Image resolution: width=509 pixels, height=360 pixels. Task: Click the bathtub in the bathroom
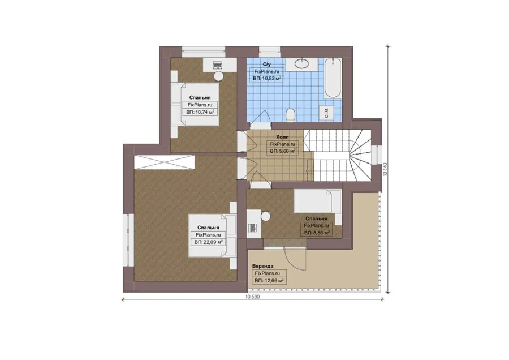click(x=333, y=78)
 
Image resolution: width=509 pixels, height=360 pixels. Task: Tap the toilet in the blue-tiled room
click(x=291, y=115)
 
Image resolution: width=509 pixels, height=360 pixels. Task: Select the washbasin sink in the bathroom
click(x=302, y=64)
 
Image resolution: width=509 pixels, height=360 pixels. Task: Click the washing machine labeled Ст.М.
click(x=326, y=113)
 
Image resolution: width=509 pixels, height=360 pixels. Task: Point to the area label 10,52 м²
click(x=267, y=78)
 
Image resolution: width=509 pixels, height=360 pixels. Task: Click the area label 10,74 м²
click(x=200, y=112)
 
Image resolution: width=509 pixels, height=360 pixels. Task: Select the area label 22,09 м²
click(x=208, y=242)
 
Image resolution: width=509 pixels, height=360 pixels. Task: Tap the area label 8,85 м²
click(x=317, y=233)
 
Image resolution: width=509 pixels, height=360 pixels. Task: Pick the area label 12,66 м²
click(x=269, y=280)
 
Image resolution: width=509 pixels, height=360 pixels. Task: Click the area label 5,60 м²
click(x=282, y=151)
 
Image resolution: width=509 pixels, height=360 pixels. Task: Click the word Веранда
click(x=262, y=267)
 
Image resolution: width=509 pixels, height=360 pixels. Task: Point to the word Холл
click(x=282, y=137)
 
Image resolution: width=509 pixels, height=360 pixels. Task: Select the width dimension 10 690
click(x=253, y=297)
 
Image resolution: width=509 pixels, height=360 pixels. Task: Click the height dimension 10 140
click(x=385, y=169)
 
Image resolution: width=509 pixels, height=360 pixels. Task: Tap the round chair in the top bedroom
click(x=218, y=76)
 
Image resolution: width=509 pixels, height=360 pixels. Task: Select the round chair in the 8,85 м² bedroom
click(x=266, y=216)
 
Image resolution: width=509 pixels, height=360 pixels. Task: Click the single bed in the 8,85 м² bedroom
click(x=317, y=202)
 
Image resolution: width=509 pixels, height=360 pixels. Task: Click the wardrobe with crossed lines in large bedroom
click(x=164, y=162)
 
